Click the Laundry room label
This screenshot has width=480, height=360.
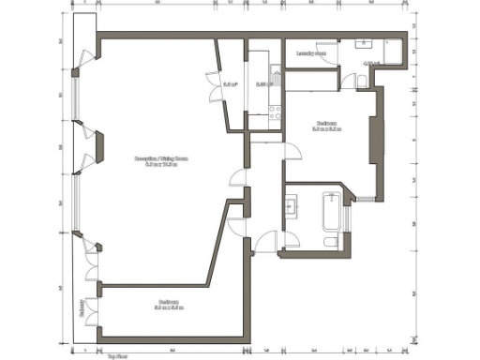[310, 53]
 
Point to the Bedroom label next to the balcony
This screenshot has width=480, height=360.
[169, 303]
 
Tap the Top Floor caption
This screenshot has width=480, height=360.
[117, 356]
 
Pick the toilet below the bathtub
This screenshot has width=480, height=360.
[330, 242]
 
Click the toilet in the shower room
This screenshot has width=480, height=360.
[361, 82]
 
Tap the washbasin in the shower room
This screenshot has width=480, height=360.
[365, 45]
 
